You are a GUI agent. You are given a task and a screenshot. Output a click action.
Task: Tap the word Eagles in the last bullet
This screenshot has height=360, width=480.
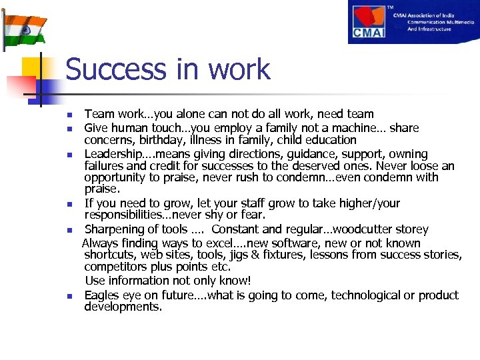pos(102,295)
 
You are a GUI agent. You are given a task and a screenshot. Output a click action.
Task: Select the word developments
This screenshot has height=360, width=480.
pos(123,307)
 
